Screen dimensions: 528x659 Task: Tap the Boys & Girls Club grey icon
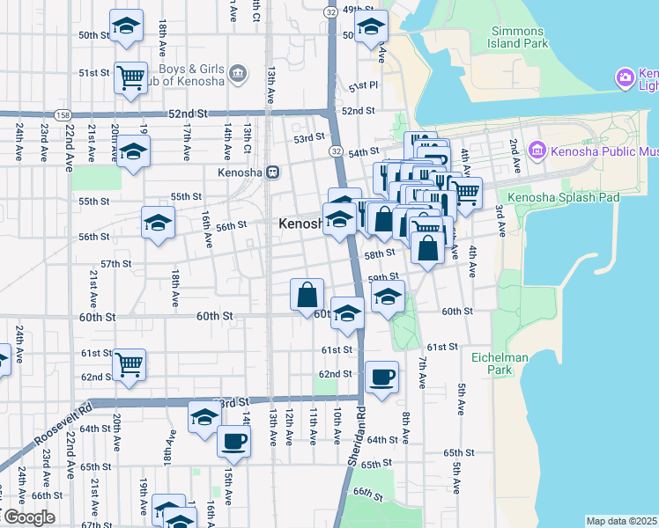point(237,72)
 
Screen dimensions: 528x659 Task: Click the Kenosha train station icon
point(273,172)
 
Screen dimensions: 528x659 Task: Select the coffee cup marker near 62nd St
point(381,378)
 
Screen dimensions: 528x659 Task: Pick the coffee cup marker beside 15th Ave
point(233,441)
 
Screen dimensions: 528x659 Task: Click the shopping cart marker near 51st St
point(130,77)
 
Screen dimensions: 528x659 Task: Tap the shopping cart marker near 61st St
point(130,363)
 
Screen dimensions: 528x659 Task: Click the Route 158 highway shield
point(63,114)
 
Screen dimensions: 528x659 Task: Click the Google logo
point(28,517)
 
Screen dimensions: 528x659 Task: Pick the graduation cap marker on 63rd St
point(204,416)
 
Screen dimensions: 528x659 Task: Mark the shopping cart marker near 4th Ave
point(465,192)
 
